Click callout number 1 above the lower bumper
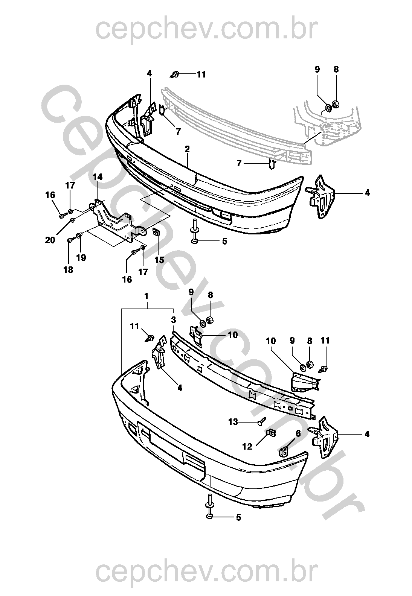146,296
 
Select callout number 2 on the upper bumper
187,149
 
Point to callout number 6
298,433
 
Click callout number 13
233,422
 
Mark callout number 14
98,177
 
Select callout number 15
159,260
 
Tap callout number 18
68,270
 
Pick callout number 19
81,258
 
